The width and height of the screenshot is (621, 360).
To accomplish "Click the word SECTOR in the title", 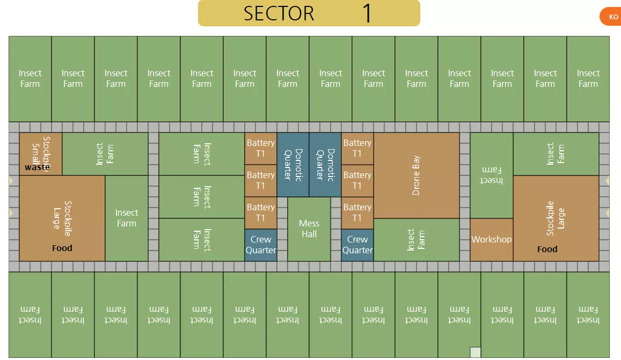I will [x=279, y=13].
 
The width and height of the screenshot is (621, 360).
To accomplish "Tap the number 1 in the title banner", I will [x=367, y=13].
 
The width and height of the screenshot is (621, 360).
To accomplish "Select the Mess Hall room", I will [x=309, y=229].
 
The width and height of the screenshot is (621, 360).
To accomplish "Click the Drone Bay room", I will [x=417, y=175].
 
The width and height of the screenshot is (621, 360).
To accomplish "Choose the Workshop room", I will [x=491, y=239].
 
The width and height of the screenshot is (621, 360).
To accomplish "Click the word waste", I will [x=37, y=167].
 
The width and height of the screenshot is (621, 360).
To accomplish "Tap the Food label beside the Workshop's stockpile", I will [x=547, y=249].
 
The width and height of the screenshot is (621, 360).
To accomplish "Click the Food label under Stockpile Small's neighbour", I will [x=62, y=248].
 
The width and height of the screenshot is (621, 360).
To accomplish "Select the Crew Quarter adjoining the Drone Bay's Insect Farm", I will [x=357, y=245].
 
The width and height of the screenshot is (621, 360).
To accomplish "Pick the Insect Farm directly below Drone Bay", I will [x=417, y=240].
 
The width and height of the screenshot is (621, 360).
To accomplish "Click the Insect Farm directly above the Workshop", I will [x=492, y=175].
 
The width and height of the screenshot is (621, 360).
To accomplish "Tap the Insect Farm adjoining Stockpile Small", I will [x=105, y=154].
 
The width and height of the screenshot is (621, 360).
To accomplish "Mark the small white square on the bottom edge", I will [x=475, y=352].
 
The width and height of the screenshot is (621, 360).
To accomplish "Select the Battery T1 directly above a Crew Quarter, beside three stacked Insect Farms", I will [x=261, y=213].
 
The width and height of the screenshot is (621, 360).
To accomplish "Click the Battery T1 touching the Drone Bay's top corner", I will [x=357, y=149].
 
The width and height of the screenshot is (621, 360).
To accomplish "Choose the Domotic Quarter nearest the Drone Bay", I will [x=325, y=165].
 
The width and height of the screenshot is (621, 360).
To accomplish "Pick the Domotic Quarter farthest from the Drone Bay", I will [x=293, y=165].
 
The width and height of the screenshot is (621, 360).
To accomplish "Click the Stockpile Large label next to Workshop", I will [x=556, y=218].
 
